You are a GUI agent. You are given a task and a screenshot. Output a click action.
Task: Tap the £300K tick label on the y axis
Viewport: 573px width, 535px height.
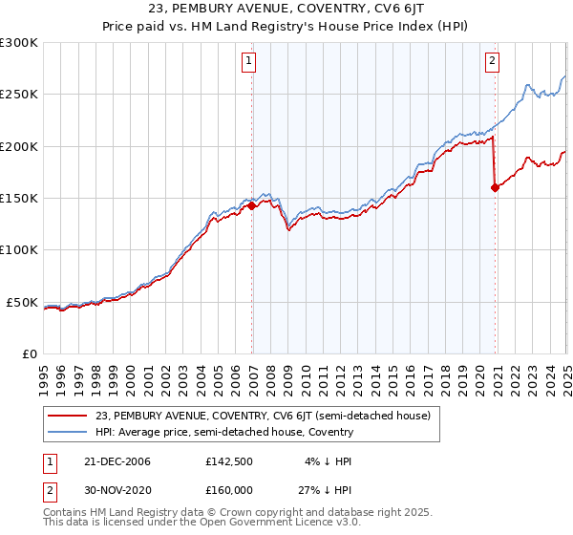(19, 43)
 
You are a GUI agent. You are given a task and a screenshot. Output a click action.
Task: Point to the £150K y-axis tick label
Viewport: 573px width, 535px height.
(19, 199)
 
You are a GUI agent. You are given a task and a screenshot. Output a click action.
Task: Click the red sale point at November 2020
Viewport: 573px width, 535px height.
(495, 188)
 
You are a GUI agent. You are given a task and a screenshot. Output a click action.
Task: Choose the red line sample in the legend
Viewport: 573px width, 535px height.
(68, 416)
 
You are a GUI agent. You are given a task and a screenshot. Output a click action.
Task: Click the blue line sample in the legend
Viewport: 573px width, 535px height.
(68, 432)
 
